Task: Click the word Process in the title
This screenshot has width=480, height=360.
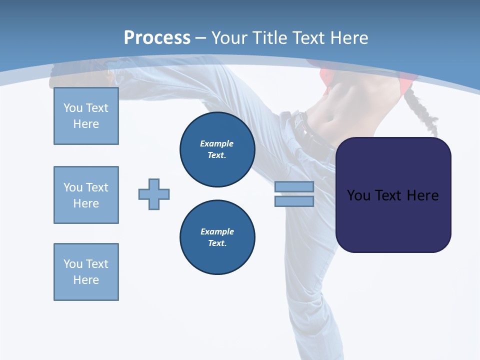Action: pos(157,37)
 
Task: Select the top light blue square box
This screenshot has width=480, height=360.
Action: pos(86,116)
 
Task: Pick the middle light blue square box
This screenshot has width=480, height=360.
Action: pos(86,195)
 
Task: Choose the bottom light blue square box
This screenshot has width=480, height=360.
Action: pos(86,272)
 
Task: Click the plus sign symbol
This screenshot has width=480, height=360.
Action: pos(154,194)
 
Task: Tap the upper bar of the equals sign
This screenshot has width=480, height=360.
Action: pos(294,186)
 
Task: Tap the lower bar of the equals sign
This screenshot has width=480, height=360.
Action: pos(294,201)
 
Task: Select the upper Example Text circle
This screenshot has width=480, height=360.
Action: pos(217,149)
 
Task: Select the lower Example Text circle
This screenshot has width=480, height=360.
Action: pos(217,237)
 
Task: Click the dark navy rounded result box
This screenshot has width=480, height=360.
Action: pos(393,220)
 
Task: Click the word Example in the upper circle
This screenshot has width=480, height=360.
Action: pos(216,143)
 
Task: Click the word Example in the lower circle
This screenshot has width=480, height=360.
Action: pos(217,231)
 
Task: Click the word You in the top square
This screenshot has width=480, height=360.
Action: pos(72,108)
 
